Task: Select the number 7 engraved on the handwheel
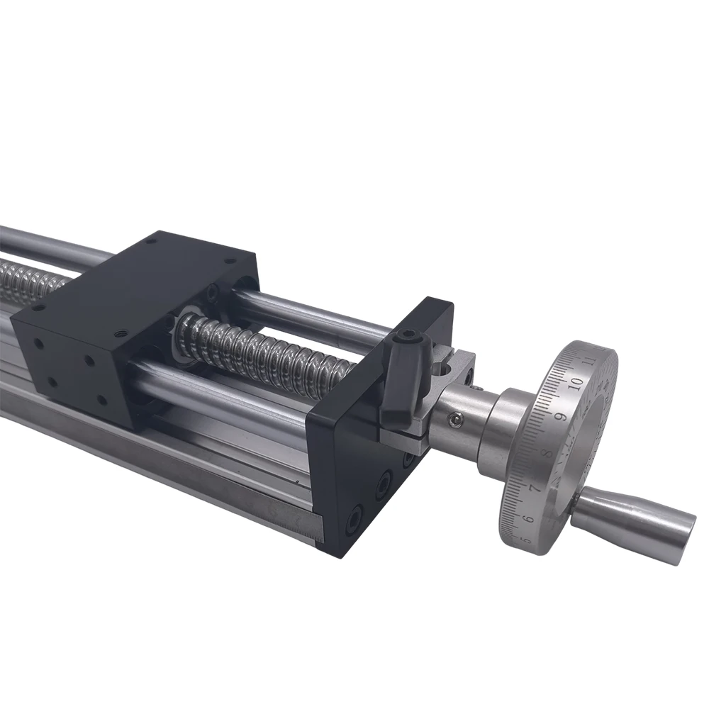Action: (534, 488)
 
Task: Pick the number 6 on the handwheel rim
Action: (526, 519)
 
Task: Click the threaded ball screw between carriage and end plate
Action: (269, 351)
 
